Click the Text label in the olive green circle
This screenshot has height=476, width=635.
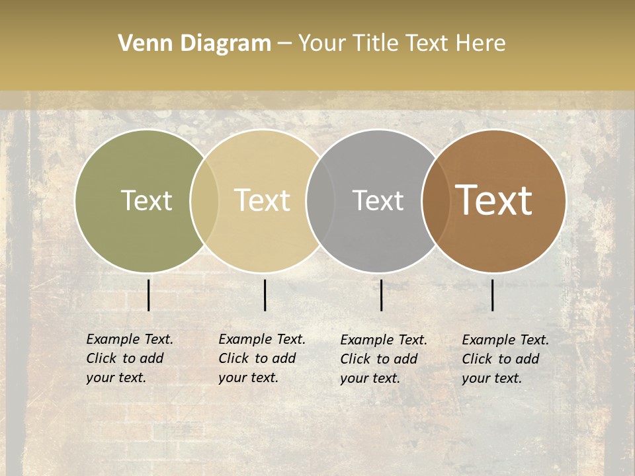146,200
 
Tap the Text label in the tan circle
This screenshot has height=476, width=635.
263,200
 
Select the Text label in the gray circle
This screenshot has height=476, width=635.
378,200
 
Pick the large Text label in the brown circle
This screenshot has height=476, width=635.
494,200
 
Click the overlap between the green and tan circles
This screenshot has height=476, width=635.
204,200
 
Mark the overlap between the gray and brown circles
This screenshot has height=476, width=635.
436,200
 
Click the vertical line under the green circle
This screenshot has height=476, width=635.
148,295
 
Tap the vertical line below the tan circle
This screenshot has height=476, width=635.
265,295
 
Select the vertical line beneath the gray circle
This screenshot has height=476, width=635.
381,295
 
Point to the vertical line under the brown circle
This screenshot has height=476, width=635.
492,295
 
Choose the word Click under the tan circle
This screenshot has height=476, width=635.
233,358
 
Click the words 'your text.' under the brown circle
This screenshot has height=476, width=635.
492,379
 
